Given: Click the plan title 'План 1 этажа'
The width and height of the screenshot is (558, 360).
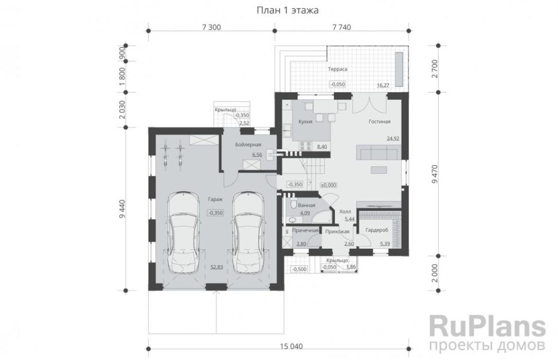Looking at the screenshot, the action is (288, 10).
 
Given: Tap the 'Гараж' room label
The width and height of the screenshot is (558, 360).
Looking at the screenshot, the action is (215, 199).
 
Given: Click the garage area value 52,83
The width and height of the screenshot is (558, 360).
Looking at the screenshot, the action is (216, 267).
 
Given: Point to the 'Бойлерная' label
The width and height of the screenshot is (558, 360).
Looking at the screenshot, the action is (248, 144).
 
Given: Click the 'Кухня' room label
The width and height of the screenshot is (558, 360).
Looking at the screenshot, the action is (305, 121).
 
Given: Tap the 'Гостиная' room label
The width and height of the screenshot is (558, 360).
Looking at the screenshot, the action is (379, 121).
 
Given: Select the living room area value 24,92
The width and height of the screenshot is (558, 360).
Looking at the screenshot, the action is (393, 138).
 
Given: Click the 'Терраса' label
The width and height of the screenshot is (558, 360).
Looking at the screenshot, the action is (337, 69).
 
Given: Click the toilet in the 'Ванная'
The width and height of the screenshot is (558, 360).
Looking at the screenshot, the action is (293, 204).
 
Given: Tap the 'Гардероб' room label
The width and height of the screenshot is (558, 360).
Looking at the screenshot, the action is (377, 230).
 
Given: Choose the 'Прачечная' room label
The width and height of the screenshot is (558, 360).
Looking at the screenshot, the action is (305, 230).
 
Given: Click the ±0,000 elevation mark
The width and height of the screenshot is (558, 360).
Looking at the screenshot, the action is (329, 185).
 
